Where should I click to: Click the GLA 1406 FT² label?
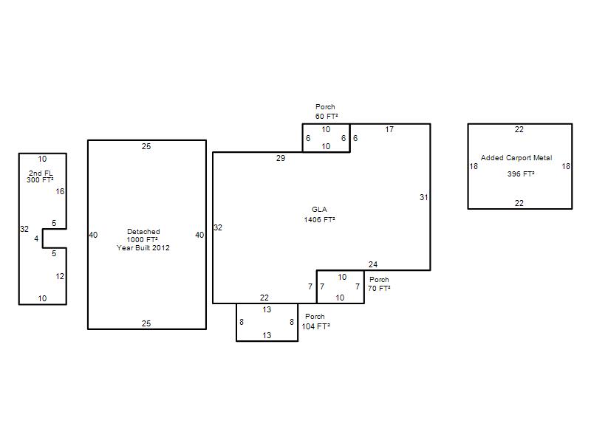tap(320, 214)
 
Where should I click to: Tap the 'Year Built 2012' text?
tap(143, 247)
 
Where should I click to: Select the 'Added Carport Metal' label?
tap(516, 158)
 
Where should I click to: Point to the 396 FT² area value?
tap(521, 174)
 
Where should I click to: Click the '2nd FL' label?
tap(41, 173)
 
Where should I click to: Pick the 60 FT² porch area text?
tap(327, 116)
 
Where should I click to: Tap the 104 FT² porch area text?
tap(316, 326)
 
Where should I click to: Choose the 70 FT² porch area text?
tap(379, 288)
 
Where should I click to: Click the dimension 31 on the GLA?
tap(423, 197)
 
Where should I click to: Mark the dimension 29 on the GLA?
tap(281, 158)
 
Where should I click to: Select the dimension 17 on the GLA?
tap(389, 129)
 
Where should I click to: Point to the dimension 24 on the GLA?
tap(373, 264)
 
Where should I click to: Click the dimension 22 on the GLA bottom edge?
tap(264, 298)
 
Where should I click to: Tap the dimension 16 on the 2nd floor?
tap(60, 191)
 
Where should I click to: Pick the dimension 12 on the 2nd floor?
tap(60, 276)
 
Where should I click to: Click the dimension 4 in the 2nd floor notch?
tap(36, 238)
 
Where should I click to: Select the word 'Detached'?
tap(143, 231)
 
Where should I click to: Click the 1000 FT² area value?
tap(142, 239)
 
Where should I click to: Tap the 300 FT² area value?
tap(40, 179)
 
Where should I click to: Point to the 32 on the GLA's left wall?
tap(218, 227)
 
